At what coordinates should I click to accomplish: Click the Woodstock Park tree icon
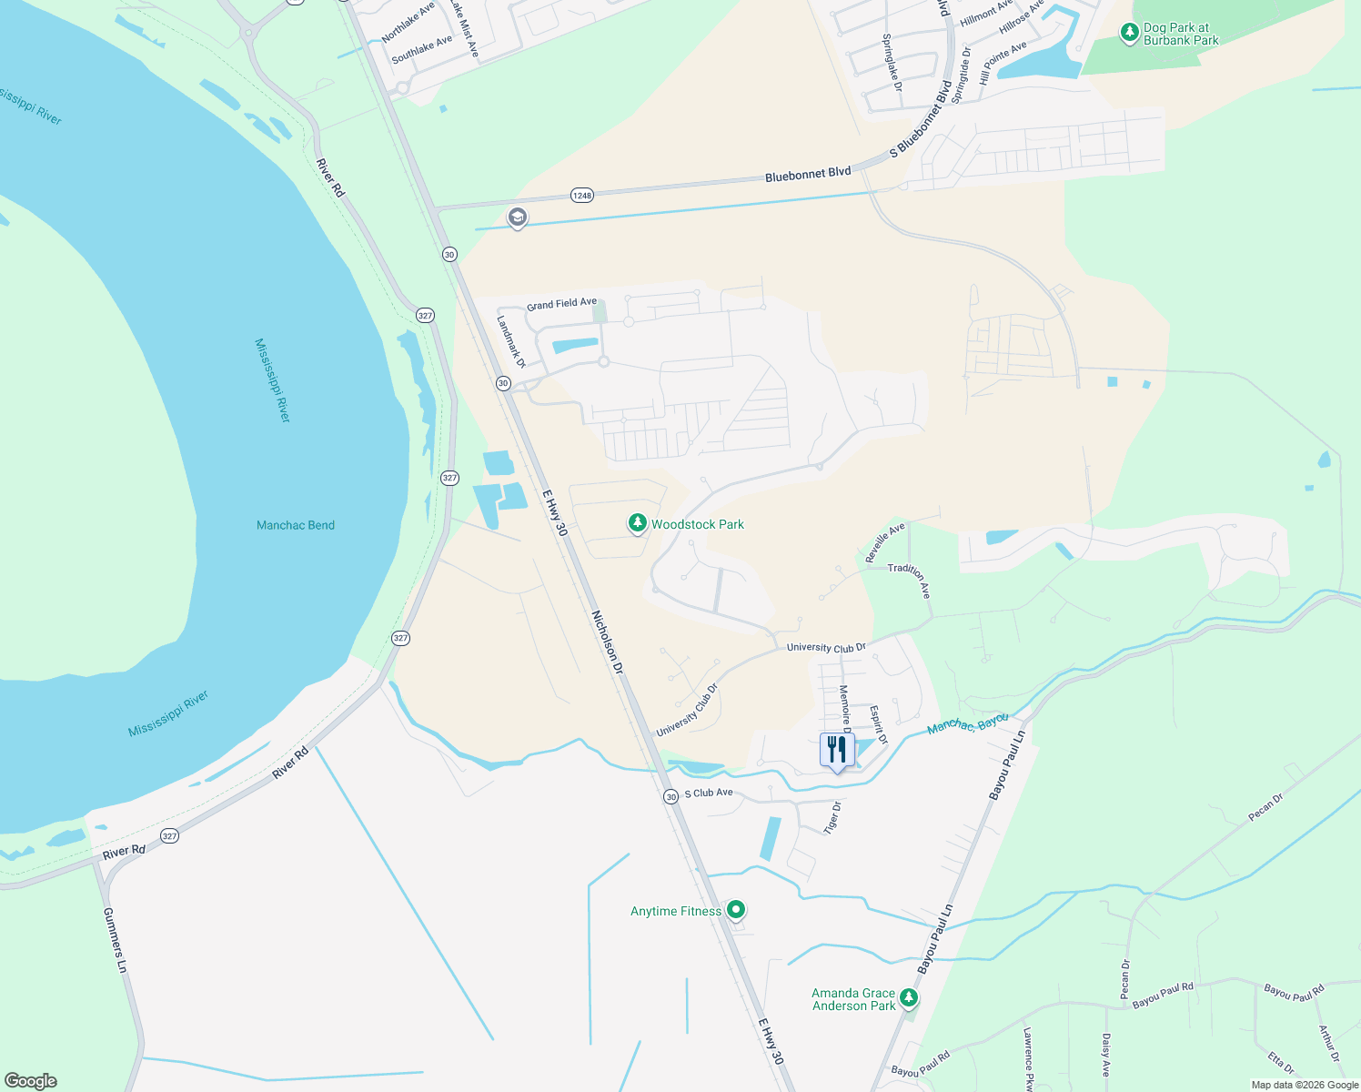(x=638, y=523)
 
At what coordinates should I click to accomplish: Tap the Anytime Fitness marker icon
(x=736, y=909)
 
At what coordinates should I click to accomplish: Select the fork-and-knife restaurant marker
(x=837, y=750)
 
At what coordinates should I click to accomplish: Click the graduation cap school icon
(x=518, y=217)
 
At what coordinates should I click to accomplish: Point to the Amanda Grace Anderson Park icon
(x=908, y=999)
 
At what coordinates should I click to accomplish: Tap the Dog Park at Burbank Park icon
(x=1129, y=34)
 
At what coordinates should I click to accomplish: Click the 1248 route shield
(x=581, y=196)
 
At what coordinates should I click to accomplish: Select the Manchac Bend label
(x=296, y=525)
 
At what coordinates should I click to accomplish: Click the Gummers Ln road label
(x=115, y=940)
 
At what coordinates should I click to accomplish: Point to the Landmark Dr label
(x=511, y=341)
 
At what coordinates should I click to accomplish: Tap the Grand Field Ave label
(x=561, y=304)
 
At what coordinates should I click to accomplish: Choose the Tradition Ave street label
(x=910, y=579)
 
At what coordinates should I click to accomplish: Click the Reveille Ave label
(x=884, y=541)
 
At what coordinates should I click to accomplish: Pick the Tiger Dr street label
(x=832, y=817)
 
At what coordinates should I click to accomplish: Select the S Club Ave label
(x=709, y=793)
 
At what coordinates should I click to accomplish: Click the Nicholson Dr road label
(x=608, y=642)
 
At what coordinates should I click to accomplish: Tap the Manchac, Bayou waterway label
(x=967, y=724)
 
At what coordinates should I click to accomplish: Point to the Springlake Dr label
(x=892, y=62)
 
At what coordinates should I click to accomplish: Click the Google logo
(x=30, y=1081)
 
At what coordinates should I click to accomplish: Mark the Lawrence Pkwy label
(x=1028, y=1059)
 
